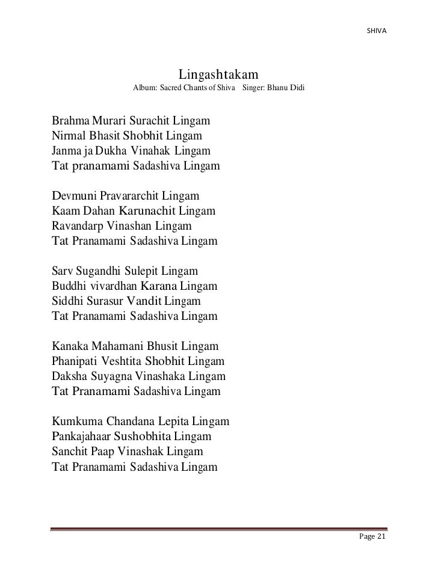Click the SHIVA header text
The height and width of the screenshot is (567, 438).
(377, 30)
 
